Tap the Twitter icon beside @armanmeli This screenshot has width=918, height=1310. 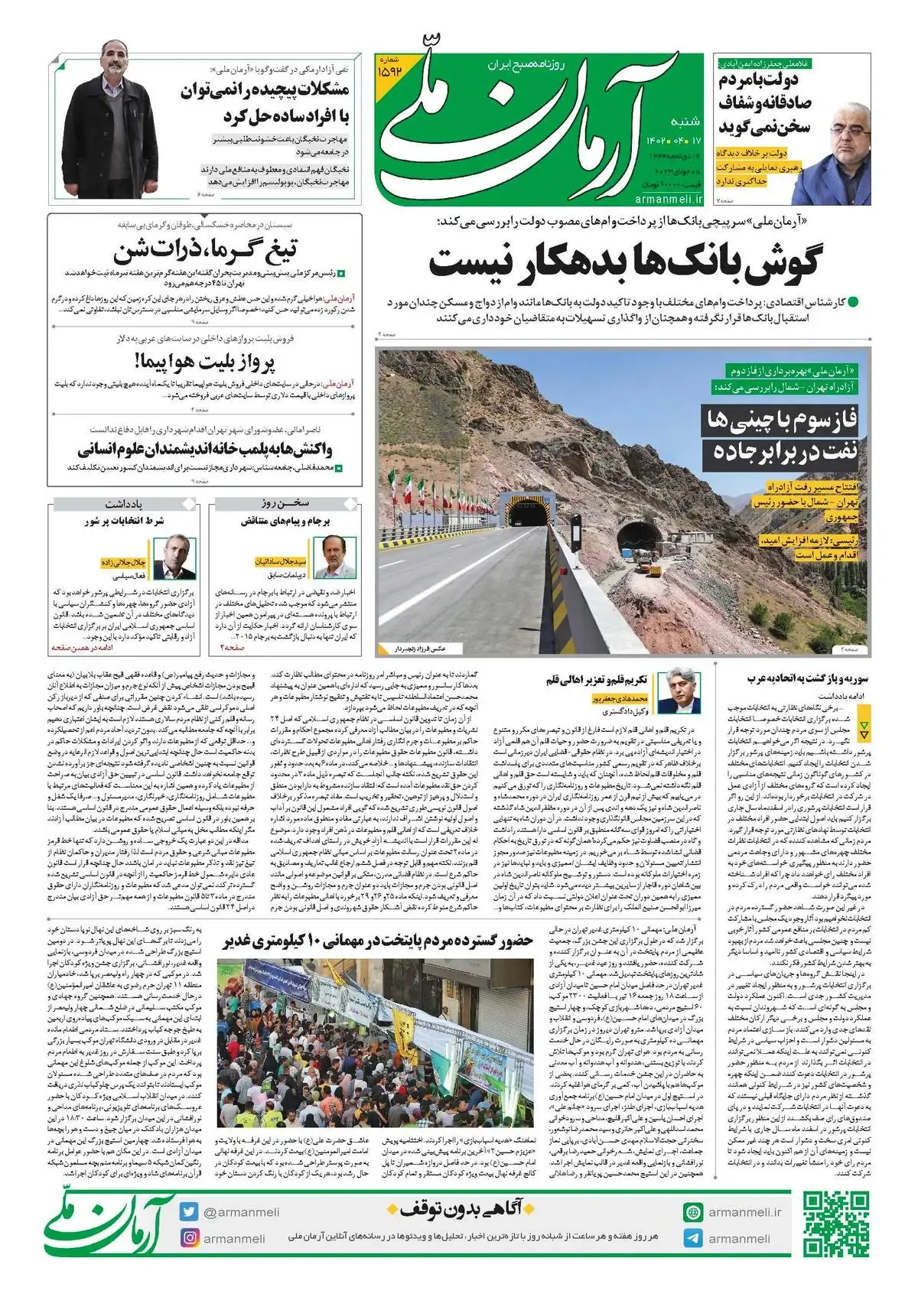(189, 1212)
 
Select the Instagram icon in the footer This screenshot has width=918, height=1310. (189, 1238)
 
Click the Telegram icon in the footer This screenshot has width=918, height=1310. (693, 1239)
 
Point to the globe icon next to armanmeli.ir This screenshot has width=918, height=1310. (693, 1212)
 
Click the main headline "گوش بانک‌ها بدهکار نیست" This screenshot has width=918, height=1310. (623, 263)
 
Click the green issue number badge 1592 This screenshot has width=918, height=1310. (399, 68)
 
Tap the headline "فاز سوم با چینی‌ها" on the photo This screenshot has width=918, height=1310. (780, 421)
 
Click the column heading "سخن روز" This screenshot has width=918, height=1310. (285, 504)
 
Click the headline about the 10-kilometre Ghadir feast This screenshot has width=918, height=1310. (378, 941)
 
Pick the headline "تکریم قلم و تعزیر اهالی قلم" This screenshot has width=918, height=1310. (597, 678)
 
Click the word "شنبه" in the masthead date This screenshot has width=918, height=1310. (685, 122)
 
